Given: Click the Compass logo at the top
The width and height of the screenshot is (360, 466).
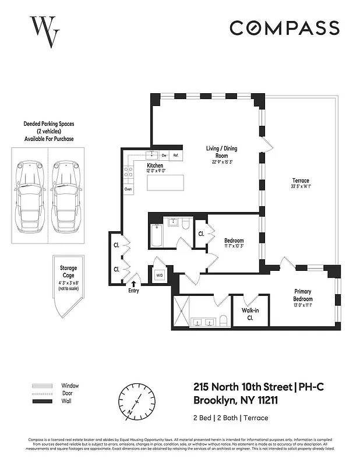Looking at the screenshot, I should click(284, 27).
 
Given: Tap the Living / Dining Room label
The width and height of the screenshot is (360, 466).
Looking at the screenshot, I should click(221, 152).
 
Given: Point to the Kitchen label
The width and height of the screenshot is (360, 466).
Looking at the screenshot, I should click(155, 168).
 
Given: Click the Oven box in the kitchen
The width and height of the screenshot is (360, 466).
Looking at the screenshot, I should click(128, 189).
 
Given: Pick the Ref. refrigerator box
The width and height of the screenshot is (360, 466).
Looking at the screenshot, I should click(175, 156).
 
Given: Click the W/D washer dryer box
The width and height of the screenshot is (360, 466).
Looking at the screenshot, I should click(159, 275).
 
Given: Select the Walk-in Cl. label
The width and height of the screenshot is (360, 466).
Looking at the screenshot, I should click(250, 315).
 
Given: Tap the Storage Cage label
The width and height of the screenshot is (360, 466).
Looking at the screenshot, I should click(68, 272).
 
